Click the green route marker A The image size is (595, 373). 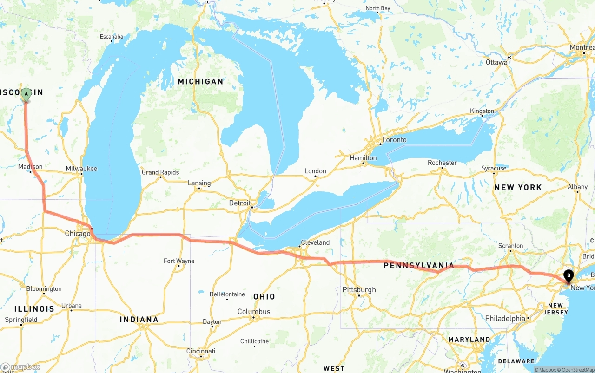click(x=26, y=94)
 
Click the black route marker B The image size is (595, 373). click(x=568, y=276)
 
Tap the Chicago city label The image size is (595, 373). click(x=77, y=234)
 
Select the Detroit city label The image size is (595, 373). click(x=240, y=203)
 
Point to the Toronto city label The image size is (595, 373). click(x=394, y=140)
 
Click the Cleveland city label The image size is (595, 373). click(x=315, y=242)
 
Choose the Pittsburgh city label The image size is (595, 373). click(x=359, y=290)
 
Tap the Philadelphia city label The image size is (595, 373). click(x=505, y=319)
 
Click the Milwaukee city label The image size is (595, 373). click(x=81, y=169)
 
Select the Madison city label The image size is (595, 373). click(x=30, y=167)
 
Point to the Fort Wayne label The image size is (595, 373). click(x=179, y=261)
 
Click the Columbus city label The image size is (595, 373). click(x=254, y=312)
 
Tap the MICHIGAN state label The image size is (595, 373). click(x=200, y=82)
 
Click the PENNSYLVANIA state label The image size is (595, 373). click(x=418, y=266)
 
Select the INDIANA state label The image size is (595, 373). click(x=139, y=320)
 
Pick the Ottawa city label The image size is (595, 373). click(x=496, y=62)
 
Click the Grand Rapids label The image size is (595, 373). click(x=160, y=172)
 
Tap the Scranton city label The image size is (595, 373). click(x=510, y=246)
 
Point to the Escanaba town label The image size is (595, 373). click(x=112, y=37)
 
